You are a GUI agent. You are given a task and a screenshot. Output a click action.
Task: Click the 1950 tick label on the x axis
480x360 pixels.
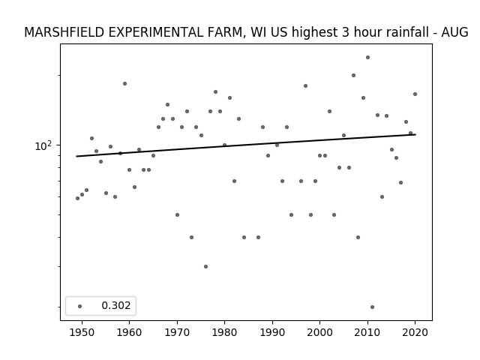coord(82,332)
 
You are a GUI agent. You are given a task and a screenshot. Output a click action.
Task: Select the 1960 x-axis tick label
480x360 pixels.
coord(129,332)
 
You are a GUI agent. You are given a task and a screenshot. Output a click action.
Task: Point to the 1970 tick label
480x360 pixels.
coord(177,332)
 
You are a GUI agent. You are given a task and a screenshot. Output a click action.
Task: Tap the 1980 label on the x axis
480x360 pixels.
coord(224,332)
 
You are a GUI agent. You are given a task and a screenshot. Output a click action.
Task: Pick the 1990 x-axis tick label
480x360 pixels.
coord(272,332)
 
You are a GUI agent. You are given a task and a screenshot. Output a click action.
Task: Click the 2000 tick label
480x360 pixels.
coord(319,332)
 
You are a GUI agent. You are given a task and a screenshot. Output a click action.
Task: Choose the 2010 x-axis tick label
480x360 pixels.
coord(367,332)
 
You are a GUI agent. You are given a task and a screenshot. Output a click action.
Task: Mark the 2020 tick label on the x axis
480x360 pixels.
coord(415,332)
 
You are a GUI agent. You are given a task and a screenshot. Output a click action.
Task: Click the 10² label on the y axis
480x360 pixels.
coord(43,145)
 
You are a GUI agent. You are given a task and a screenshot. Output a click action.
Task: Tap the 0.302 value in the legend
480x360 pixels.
coord(116,305)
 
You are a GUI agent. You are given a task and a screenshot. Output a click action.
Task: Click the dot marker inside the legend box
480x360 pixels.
coord(80,306)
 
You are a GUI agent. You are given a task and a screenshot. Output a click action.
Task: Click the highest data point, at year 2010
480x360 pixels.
coord(367,57)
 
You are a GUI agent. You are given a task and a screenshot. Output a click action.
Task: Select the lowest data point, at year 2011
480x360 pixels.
coord(372,307)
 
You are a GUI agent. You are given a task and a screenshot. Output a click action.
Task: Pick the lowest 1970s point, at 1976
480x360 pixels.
coord(205,267)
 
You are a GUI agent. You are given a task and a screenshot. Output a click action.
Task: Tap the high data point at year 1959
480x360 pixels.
coord(124,83)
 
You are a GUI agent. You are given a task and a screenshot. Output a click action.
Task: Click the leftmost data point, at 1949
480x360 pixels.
coord(77,198)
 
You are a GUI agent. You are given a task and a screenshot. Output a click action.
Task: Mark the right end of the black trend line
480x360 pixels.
coord(415,134)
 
